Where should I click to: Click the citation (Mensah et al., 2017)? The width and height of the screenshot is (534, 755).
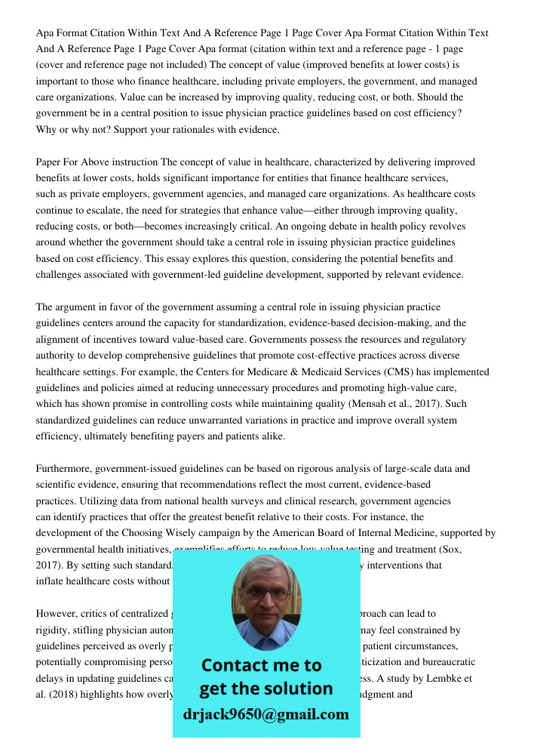(400, 404)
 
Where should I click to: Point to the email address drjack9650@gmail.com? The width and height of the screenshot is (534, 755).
(266, 714)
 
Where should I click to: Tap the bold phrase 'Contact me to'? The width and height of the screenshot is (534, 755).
(261, 665)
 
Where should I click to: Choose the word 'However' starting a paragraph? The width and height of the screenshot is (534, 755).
(55, 614)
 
